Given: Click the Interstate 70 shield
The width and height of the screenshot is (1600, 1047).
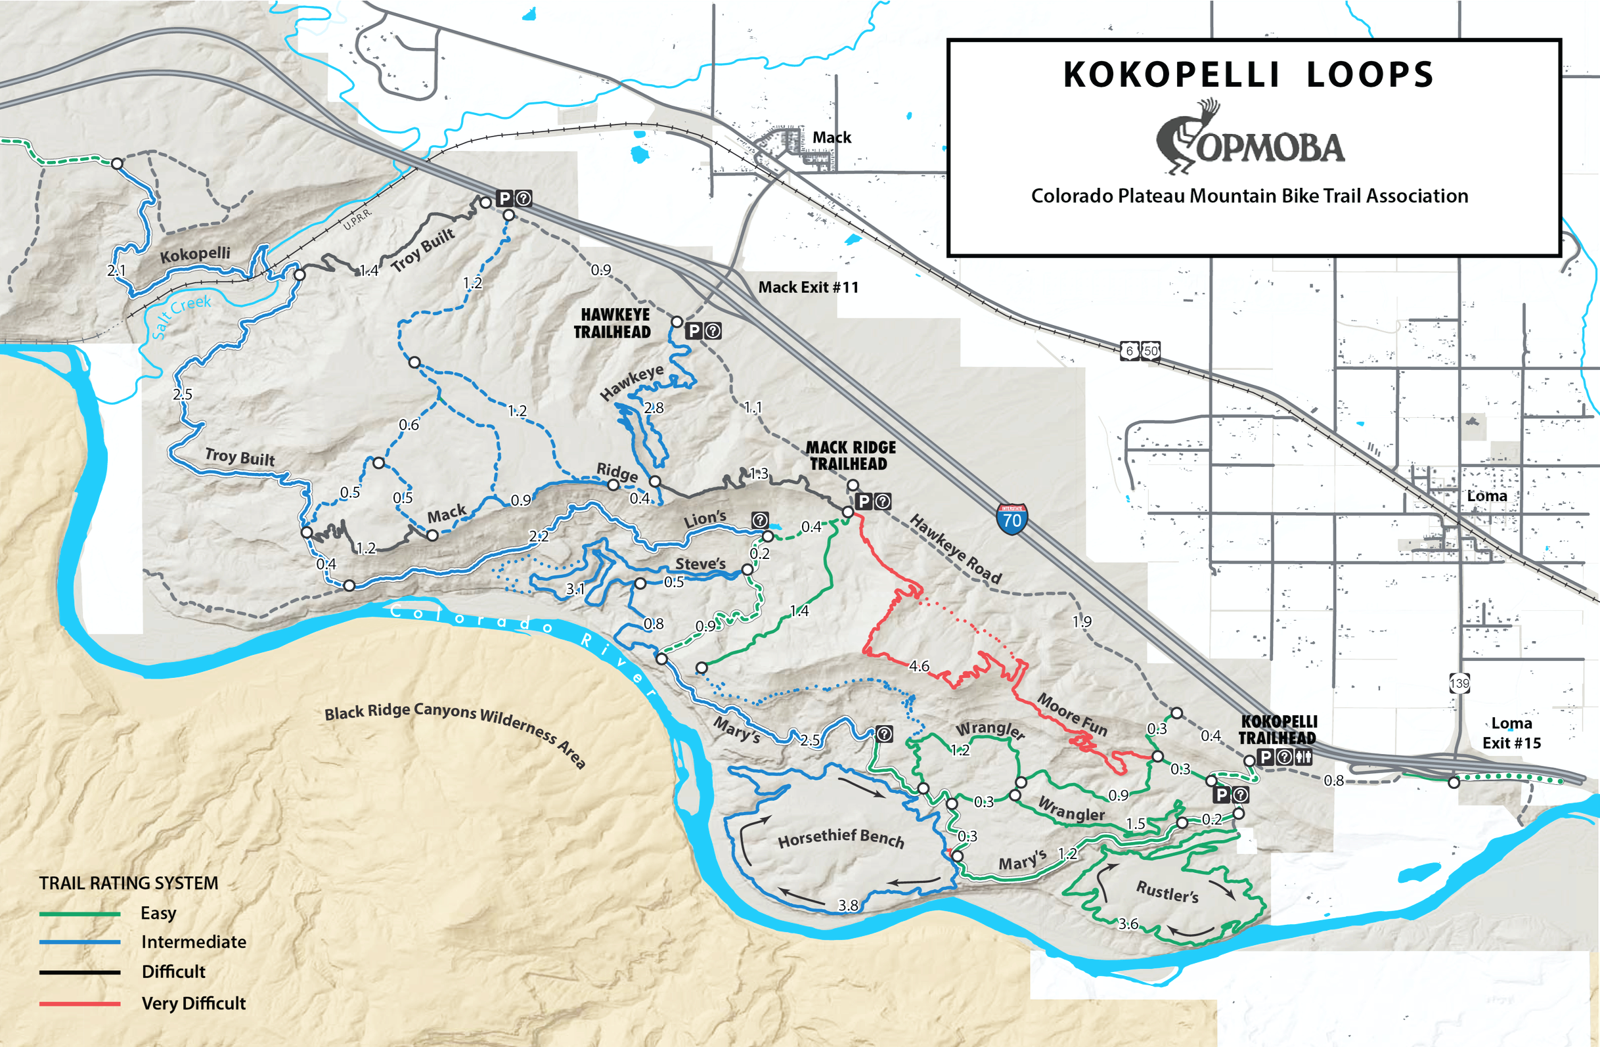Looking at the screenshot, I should pos(1011,519).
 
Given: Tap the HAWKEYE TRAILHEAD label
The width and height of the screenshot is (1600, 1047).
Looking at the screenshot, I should pos(613,323).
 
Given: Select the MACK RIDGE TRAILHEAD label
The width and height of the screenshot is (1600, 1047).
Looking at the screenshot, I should pos(850,455).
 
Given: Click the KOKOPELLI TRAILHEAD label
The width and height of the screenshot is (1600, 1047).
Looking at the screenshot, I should pos(1278,730).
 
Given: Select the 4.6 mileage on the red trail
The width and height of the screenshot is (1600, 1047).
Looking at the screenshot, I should pos(918,666).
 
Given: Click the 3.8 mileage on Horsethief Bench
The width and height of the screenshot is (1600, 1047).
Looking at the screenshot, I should pos(848,905).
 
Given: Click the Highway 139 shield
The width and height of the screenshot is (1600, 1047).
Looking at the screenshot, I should pos(1459,684).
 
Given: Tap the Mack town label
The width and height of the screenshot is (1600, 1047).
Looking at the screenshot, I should pos(832,137).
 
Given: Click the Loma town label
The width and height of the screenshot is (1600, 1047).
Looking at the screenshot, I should pos(1486,496).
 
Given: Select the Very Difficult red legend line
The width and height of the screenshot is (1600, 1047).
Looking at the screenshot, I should pos(79,1004).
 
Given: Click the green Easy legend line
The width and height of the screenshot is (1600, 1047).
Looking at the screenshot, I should pos(79,914).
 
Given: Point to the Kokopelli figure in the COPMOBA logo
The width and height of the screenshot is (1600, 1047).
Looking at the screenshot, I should pos(1184,138).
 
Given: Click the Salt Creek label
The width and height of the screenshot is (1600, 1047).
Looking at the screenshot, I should pos(181,315).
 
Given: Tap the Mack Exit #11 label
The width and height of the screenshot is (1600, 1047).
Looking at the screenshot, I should pos(808,287).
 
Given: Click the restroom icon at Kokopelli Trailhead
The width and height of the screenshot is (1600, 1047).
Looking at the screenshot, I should pos(1304,757).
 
